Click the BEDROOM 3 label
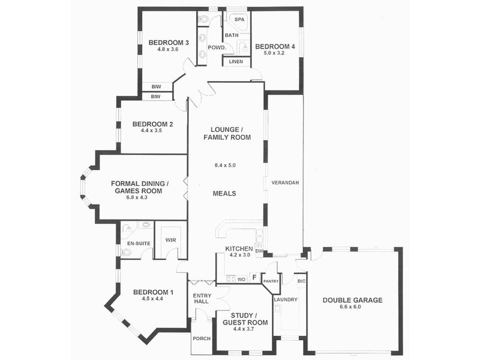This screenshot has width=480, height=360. [x=169, y=42]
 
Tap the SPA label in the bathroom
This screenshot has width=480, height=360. [x=238, y=20]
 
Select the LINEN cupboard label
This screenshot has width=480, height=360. [x=236, y=61]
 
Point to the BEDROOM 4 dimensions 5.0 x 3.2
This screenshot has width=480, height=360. [x=275, y=53]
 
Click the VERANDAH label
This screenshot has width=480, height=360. [x=285, y=182]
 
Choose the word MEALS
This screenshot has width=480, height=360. [x=224, y=194]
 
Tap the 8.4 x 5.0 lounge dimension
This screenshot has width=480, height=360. [x=227, y=165]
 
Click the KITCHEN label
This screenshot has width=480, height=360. [x=239, y=248]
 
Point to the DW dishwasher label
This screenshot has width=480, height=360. [x=259, y=251]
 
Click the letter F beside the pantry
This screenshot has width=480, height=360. [x=254, y=277]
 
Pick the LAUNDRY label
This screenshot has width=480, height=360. [x=285, y=299]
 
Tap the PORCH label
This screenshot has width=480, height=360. [x=202, y=338]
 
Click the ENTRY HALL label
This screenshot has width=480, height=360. [x=202, y=299]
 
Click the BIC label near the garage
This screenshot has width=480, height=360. [x=301, y=280]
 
